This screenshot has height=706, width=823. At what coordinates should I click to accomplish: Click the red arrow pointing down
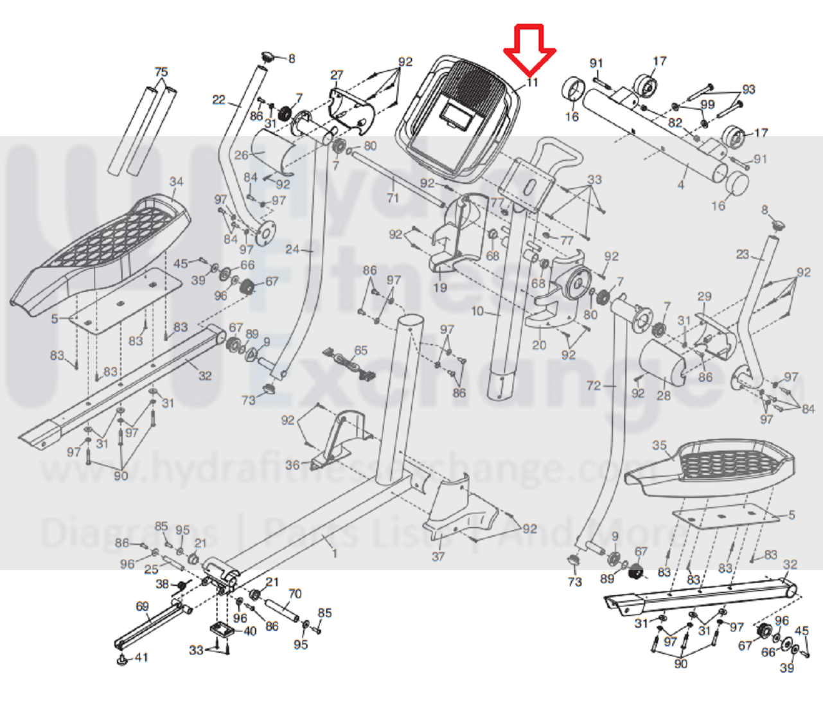click(x=529, y=48)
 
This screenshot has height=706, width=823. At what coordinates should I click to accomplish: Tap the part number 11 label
click(x=531, y=82)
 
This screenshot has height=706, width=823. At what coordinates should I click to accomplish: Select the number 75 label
click(x=161, y=72)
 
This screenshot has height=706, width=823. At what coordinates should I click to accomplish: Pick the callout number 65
click(x=361, y=351)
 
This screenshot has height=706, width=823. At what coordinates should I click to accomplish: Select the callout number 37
click(x=438, y=556)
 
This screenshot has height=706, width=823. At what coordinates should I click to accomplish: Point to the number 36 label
click(x=292, y=465)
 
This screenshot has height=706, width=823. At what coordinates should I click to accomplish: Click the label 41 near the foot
click(x=140, y=657)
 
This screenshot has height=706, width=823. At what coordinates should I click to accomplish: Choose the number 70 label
click(x=295, y=594)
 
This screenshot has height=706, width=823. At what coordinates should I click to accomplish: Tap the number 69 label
click(x=142, y=606)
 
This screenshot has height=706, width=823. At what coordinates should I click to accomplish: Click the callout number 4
click(x=680, y=185)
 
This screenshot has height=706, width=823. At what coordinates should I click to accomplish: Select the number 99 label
click(x=707, y=105)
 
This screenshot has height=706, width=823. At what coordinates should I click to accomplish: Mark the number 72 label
click(x=594, y=385)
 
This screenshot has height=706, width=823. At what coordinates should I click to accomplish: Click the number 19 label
click(x=439, y=287)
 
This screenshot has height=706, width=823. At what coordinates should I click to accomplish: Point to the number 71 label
click(x=393, y=199)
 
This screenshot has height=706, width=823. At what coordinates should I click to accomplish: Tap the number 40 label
click(x=250, y=631)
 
